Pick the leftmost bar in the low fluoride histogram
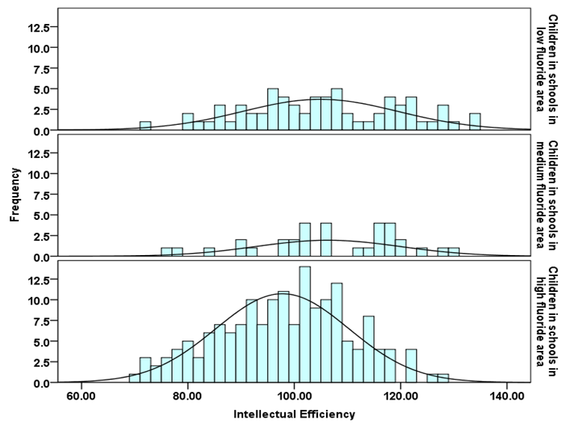[145, 126]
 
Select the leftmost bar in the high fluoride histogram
[134, 379]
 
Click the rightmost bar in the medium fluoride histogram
[454, 252]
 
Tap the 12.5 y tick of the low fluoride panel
[37, 28]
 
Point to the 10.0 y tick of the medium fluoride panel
[37, 174]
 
